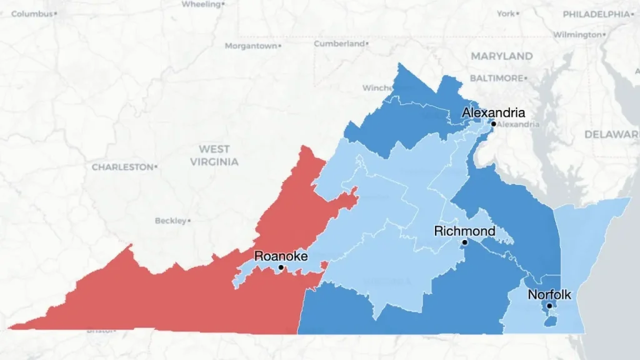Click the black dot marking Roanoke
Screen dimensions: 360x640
[x=281, y=267]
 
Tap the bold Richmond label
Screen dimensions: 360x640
[x=464, y=231]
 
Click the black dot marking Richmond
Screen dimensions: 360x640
[x=464, y=242]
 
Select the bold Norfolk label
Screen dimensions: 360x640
[x=549, y=295]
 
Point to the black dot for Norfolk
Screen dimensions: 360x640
[x=549, y=306]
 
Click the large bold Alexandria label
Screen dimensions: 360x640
[x=493, y=113]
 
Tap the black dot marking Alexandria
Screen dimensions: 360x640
[x=493, y=124]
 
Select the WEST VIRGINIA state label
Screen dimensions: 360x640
[x=214, y=155]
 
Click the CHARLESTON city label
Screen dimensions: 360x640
[x=122, y=167]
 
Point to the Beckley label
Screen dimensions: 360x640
[x=171, y=221]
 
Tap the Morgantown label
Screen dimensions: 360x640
[x=250, y=46]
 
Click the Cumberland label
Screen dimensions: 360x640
[x=339, y=44]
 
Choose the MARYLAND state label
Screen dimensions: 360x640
[x=502, y=56]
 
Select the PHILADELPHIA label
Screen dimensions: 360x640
[x=596, y=14]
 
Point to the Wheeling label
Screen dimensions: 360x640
[x=201, y=4]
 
